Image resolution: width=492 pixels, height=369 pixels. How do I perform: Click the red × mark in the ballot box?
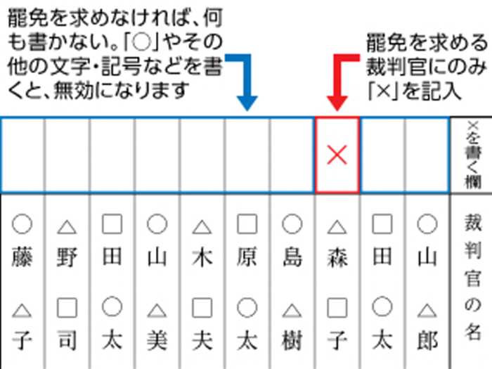pos(337,155)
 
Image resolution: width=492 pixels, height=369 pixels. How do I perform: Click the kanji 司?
pos(67,341)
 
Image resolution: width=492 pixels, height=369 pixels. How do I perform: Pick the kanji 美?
pos(157,341)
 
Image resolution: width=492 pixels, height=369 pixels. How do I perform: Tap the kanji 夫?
pos(202,341)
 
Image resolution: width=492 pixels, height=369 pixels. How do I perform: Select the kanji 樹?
pos(292,341)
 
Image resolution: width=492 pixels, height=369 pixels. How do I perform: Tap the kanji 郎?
pos(427,341)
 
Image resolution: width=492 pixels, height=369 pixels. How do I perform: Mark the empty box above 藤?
pos(22,155)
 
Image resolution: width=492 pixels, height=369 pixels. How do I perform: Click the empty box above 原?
pos(247,155)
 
